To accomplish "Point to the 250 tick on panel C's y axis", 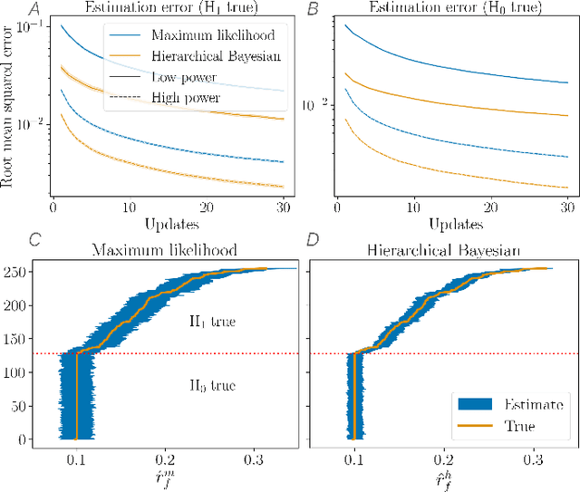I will coord(16,270).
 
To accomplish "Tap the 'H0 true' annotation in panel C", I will coord(213,386).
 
